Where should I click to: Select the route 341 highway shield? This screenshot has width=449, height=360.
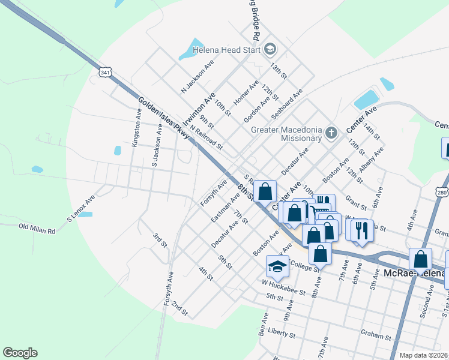[x=106, y=73]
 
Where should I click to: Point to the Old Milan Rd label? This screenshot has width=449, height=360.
[x=37, y=228]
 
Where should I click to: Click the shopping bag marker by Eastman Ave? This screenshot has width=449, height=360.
[x=265, y=193]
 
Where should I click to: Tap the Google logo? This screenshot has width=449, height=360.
[x=19, y=353]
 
